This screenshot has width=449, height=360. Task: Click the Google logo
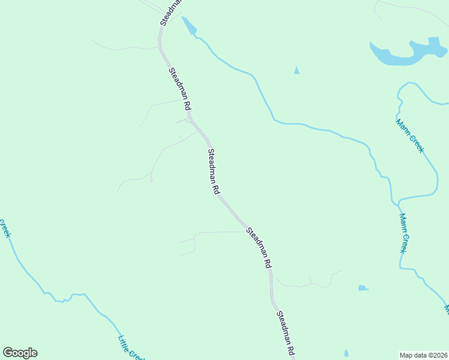(x=20, y=353)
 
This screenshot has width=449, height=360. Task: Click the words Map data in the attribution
(x=414, y=355)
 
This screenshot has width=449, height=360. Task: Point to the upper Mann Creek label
(x=409, y=136)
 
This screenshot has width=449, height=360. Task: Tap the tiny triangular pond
(x=297, y=71)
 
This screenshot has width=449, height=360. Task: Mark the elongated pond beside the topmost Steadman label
(x=189, y=25)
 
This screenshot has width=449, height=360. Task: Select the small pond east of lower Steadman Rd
(x=363, y=288)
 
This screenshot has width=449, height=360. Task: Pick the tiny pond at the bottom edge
(x=346, y=353)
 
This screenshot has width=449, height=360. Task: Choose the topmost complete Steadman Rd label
(x=179, y=88)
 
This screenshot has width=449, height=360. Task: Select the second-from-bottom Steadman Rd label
(x=259, y=247)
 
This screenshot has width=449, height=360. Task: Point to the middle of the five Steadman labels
(x=212, y=171)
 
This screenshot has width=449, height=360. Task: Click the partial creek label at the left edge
(x=5, y=227)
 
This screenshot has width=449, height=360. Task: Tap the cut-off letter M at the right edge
(x=446, y=309)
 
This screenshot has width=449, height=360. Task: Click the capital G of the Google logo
(x=8, y=353)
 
